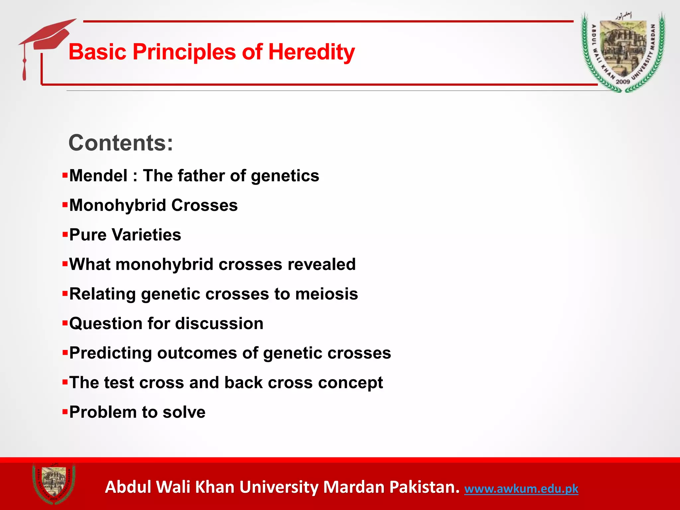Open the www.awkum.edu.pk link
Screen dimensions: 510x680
coord(521,489)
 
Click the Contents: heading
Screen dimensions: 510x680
coord(121,143)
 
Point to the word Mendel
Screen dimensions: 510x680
coord(98,176)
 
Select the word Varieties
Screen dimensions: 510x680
coord(146,235)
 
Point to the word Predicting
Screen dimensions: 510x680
coord(111,353)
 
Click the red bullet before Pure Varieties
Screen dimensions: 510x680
coord(65,235)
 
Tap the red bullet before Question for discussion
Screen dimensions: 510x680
coord(65,323)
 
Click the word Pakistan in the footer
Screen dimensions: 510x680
coord(424,487)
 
